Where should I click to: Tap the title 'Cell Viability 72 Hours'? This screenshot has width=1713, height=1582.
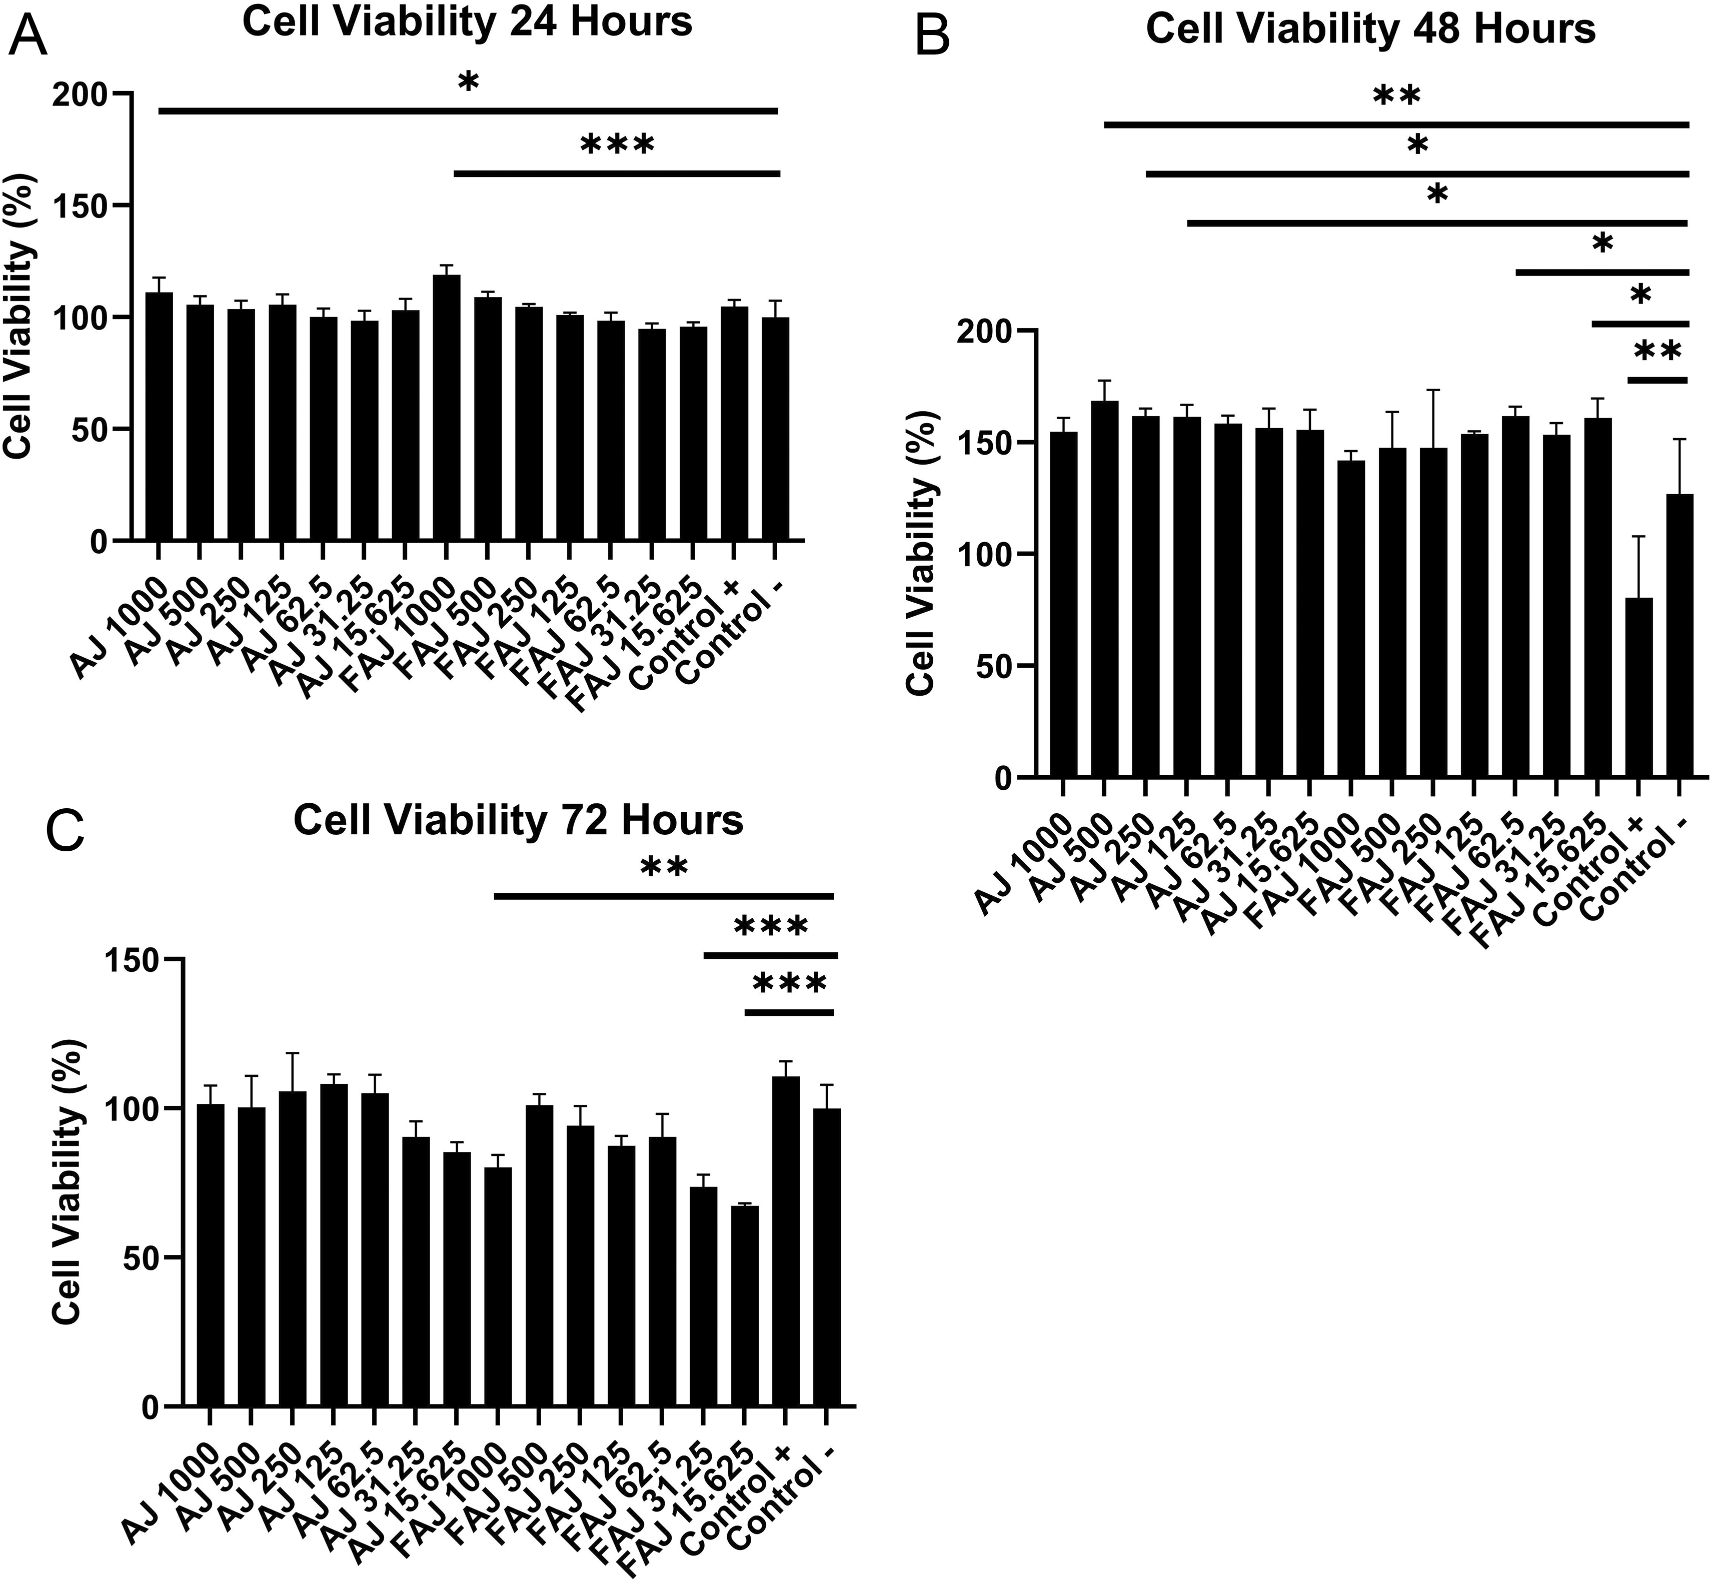click(x=518, y=820)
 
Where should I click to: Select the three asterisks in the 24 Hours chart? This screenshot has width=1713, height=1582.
click(x=617, y=146)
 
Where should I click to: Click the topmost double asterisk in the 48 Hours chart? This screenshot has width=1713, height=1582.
click(x=1396, y=96)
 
